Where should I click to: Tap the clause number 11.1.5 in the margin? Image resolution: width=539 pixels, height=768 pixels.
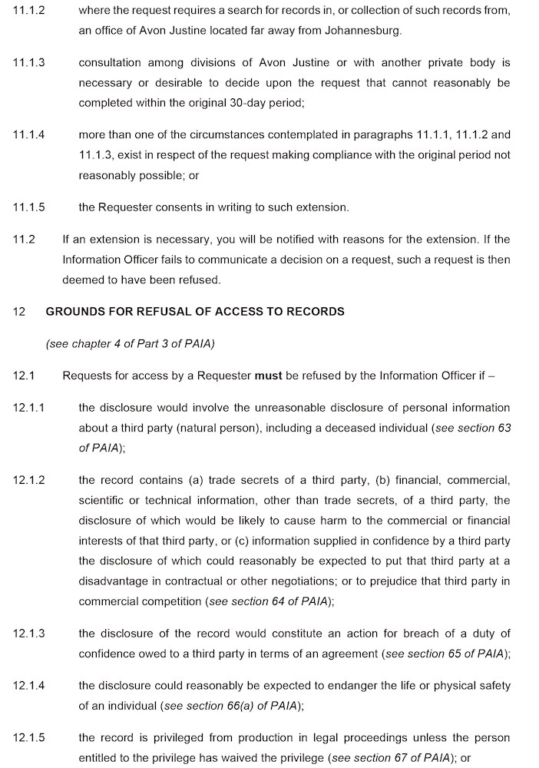tap(28, 207)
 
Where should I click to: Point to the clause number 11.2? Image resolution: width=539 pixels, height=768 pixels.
tap(24, 239)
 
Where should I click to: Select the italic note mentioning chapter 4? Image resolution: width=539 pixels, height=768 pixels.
tap(130, 344)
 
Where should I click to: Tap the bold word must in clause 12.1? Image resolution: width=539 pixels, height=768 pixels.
tap(268, 376)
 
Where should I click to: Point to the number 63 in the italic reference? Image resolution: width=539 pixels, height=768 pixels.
tap(504, 428)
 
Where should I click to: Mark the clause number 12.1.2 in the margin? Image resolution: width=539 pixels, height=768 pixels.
tap(28, 480)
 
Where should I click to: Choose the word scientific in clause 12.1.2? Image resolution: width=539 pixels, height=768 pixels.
tap(103, 501)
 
